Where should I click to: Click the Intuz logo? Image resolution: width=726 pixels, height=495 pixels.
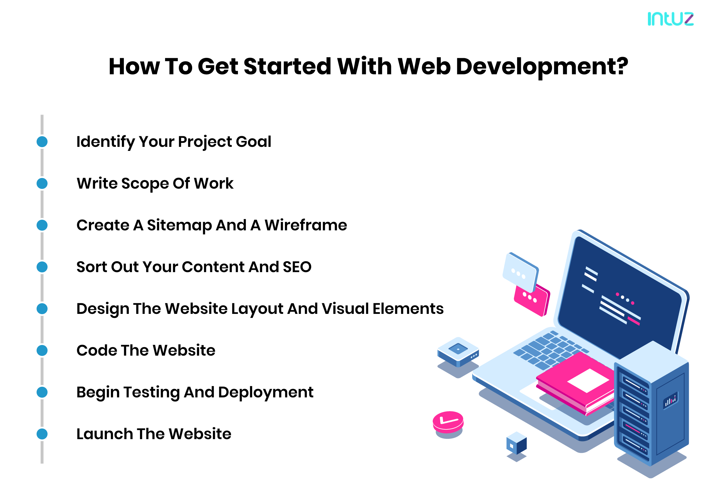(670, 19)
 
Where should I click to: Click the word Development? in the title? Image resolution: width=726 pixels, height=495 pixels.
(542, 67)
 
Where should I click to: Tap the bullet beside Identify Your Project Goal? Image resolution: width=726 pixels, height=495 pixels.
(42, 142)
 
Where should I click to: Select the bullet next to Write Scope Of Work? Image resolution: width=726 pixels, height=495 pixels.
(42, 184)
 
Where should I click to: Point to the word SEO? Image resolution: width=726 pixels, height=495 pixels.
(297, 267)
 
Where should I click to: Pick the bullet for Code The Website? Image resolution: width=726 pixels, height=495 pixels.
(42, 351)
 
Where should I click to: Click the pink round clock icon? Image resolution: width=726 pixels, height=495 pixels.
(448, 422)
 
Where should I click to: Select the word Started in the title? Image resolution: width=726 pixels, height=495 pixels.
(287, 67)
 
